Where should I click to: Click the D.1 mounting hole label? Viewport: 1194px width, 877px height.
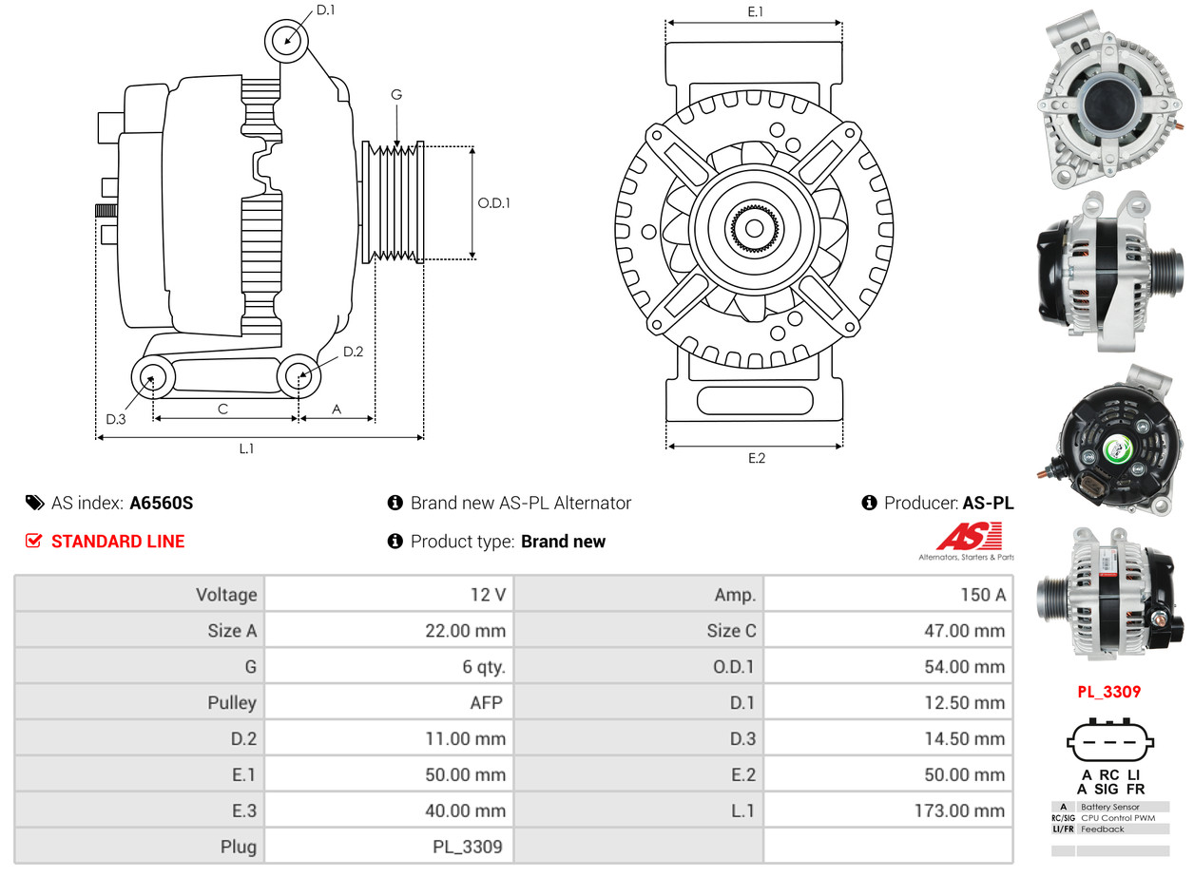point(325,10)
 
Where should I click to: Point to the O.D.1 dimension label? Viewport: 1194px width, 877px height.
point(493,202)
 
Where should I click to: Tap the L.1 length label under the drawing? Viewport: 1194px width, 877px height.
point(246,448)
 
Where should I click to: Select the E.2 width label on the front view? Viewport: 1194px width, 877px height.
point(756,458)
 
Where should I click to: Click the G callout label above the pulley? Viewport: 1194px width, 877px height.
point(396,94)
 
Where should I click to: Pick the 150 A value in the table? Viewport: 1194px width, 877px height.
point(982,595)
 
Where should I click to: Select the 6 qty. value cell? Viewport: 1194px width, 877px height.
point(484,667)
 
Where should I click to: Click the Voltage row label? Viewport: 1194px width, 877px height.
point(226,595)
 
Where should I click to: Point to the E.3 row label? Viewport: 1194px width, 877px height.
point(243,810)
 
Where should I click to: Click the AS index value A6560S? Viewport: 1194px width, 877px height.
point(162,504)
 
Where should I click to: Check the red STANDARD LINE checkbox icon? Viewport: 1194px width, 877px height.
point(34,541)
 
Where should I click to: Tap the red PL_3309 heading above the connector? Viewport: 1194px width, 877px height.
point(1108,692)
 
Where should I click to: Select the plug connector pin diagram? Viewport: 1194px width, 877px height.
point(1108,742)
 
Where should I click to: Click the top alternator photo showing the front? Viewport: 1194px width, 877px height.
point(1108,98)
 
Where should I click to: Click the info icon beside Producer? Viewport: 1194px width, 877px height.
point(869,503)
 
